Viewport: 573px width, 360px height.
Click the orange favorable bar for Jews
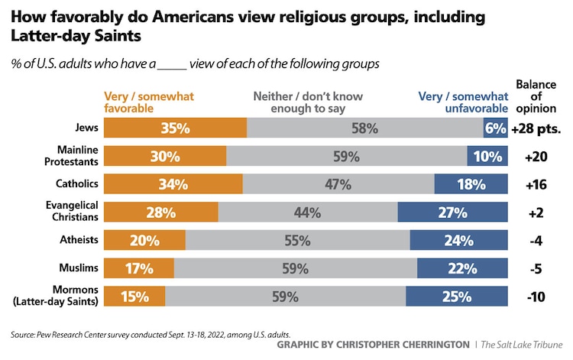click(175, 128)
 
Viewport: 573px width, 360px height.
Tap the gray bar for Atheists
click(297, 240)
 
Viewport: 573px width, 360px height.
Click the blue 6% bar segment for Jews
click(495, 128)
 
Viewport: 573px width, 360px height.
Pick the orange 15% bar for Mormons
click(134, 297)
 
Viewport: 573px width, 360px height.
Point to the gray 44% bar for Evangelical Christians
click(308, 212)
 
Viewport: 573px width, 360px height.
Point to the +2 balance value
click(536, 212)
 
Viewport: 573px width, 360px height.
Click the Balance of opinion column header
click(536, 96)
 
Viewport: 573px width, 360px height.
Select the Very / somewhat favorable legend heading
click(149, 102)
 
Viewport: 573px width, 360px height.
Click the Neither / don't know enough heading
click(307, 102)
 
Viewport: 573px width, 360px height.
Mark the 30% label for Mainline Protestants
click(164, 156)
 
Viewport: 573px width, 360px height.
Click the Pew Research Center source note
click(151, 335)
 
